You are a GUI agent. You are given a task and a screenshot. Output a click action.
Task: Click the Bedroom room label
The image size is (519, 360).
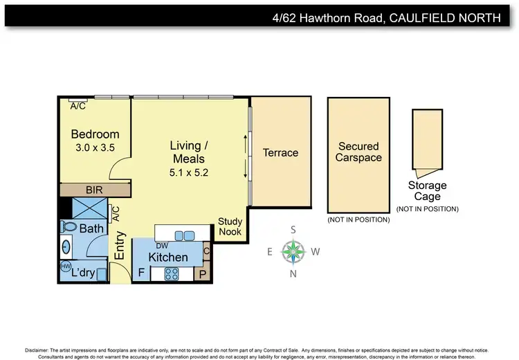(x=95, y=134)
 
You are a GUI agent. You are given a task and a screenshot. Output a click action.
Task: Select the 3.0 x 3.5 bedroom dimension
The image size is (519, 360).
(x=95, y=147)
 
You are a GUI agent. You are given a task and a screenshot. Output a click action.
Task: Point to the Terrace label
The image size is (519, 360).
(x=280, y=152)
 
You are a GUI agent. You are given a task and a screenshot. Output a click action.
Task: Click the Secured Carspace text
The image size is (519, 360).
(x=358, y=152)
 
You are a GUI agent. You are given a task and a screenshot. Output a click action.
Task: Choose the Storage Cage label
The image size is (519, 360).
(x=427, y=191)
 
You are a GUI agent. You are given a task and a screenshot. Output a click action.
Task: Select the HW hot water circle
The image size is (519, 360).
(x=66, y=266)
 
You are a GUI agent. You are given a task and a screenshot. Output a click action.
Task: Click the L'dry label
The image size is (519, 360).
(x=83, y=273)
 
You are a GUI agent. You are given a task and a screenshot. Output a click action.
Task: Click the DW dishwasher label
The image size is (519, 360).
(x=162, y=246)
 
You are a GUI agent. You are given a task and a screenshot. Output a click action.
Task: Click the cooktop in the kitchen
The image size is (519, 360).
(x=170, y=273)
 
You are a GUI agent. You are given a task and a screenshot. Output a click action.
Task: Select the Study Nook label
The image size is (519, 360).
(x=230, y=226)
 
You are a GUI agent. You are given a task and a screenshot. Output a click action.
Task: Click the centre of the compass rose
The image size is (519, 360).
(x=294, y=251)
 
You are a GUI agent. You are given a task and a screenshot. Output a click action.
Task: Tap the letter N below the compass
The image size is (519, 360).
(x=293, y=273)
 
